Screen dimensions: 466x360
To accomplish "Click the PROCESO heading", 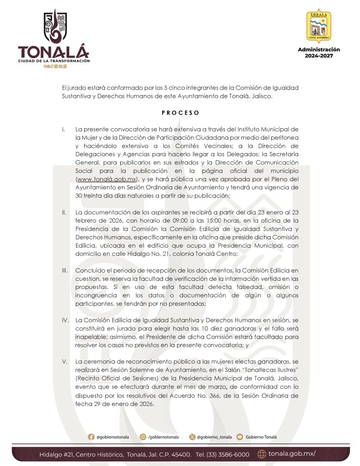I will coord(180,112).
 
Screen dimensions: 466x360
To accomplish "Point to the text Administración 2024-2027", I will coord(319,52).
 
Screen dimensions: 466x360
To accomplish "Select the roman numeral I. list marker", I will coord(64,129).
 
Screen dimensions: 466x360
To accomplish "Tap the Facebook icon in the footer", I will coord(91,437).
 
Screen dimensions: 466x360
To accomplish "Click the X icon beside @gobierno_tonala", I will coord(193,437).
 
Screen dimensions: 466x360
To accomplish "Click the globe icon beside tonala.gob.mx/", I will coord(262,454).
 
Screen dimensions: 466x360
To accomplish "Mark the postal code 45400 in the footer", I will coord(180,454).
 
